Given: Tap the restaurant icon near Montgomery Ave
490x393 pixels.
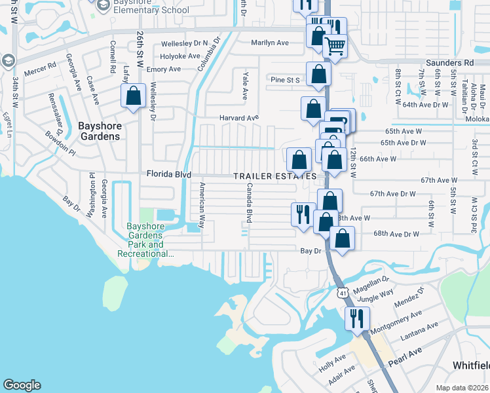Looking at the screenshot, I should click(357, 318).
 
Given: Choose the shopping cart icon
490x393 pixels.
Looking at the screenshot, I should click(335, 47).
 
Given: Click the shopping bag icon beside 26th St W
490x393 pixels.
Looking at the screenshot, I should click(133, 96).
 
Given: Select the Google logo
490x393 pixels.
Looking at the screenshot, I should click(22, 385).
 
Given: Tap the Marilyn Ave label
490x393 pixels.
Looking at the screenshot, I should click(270, 43).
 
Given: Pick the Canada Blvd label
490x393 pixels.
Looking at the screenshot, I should click(249, 202).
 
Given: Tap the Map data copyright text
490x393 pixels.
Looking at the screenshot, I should click(462, 388).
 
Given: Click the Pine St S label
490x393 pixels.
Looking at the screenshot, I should click(285, 80).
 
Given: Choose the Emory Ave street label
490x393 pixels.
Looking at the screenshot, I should click(164, 69).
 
